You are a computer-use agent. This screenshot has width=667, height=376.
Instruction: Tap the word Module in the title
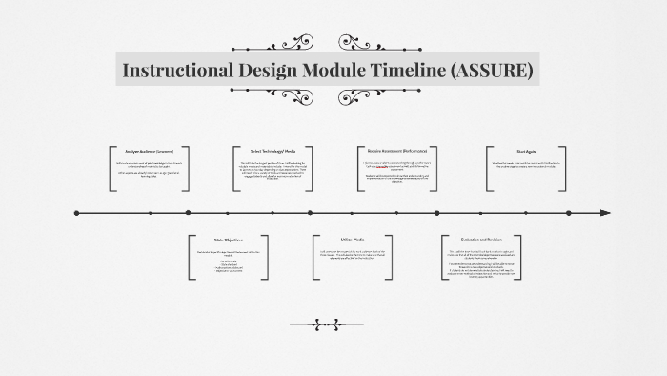pyautogui.click(x=319, y=71)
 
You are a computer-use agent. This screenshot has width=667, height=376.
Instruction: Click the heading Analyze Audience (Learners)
pyautogui.click(x=151, y=151)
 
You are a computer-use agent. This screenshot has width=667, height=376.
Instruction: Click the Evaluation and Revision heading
pyautogui.click(x=481, y=239)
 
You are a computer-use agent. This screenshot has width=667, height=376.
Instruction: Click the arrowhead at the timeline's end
pyautogui.click(x=603, y=212)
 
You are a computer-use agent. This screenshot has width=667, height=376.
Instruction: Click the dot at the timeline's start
pyautogui.click(x=76, y=212)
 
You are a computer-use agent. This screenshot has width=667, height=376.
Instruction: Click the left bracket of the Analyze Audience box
pyautogui.click(x=112, y=170)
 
